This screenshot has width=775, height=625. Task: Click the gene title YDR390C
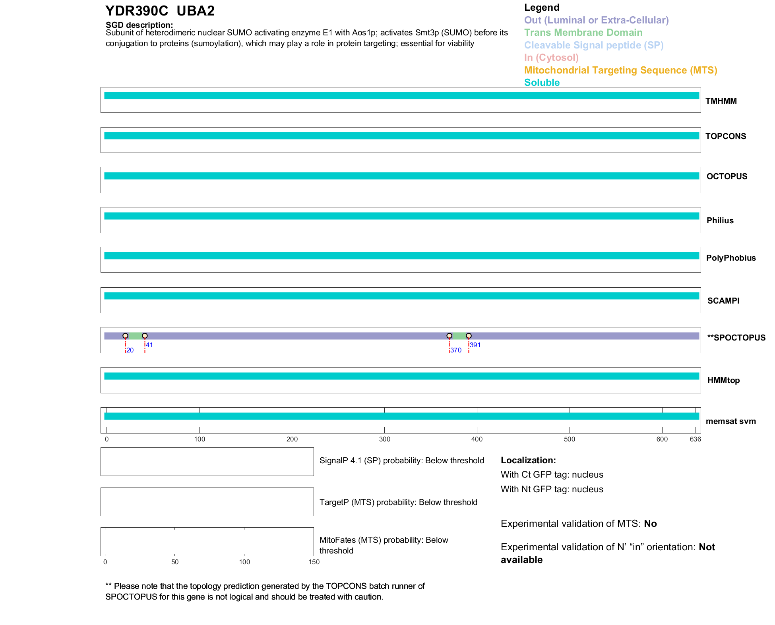click(137, 11)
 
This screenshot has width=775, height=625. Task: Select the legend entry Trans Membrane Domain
click(583, 33)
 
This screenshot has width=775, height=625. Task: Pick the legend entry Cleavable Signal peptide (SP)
click(594, 45)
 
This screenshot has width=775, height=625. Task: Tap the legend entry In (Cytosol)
click(551, 58)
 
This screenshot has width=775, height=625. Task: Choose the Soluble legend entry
click(542, 83)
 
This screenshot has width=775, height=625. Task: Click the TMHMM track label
click(721, 101)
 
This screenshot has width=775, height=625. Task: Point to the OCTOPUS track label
click(727, 176)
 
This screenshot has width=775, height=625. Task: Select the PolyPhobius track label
click(731, 258)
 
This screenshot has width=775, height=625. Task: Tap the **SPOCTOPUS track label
click(736, 338)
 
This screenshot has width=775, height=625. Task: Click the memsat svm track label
click(731, 421)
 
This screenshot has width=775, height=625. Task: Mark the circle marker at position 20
click(125, 336)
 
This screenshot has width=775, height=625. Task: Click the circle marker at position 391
click(469, 336)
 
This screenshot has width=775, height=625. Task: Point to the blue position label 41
click(149, 345)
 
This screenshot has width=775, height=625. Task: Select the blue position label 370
click(456, 350)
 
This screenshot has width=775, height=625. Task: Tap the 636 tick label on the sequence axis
click(696, 439)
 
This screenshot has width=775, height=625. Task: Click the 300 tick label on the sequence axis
click(385, 439)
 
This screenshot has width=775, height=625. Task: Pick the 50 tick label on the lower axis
click(175, 562)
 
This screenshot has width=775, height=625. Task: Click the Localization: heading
click(528, 460)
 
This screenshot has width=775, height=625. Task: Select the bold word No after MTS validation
click(650, 524)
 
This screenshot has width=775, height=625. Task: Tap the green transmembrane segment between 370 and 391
click(459, 336)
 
